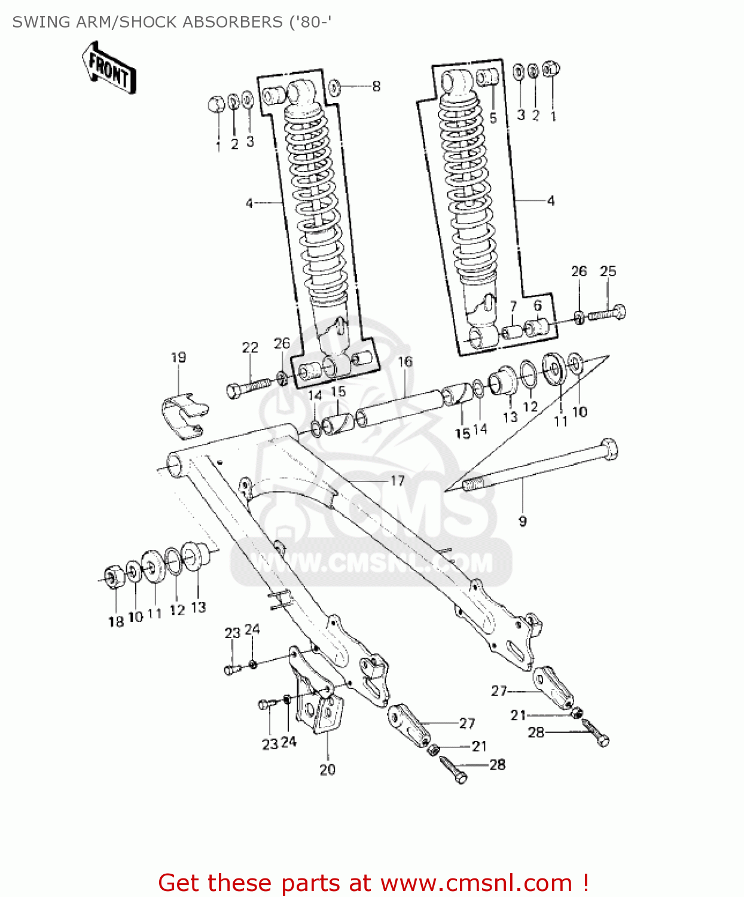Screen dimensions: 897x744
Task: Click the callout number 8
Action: click(x=376, y=86)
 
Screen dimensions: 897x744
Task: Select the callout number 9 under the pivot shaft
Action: click(x=523, y=521)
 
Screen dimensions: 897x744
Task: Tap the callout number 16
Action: click(x=405, y=361)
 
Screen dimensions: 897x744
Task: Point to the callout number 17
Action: click(x=398, y=480)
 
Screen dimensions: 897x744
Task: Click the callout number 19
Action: click(x=178, y=357)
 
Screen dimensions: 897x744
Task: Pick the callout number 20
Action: click(x=327, y=770)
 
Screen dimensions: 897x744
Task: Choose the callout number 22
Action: click(x=250, y=347)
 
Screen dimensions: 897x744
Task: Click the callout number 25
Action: click(x=608, y=271)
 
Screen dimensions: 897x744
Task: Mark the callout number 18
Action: click(x=116, y=621)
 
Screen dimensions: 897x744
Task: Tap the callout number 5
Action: click(x=493, y=118)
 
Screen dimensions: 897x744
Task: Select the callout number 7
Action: click(x=513, y=306)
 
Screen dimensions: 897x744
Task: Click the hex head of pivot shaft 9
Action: click(x=608, y=449)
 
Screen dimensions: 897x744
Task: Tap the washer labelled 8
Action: click(x=335, y=87)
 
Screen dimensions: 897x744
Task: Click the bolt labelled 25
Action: click(x=607, y=313)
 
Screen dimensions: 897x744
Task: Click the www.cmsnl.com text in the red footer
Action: click(x=476, y=883)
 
